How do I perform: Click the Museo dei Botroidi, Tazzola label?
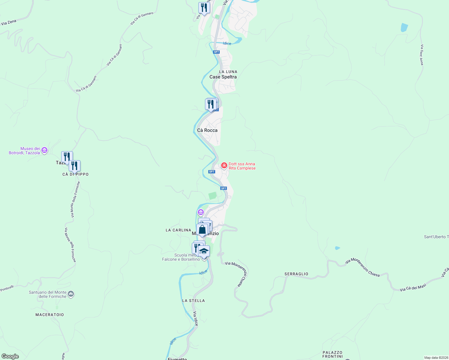pos(24,151)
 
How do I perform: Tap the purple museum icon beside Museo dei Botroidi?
pos(44,150)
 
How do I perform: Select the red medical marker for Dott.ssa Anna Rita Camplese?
pos(224,165)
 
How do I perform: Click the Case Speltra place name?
pos(223,77)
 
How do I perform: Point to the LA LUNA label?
pos(228,72)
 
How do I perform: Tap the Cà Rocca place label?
pos(207,130)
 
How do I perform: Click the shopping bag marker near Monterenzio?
pos(202,230)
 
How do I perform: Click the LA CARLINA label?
pos(178,230)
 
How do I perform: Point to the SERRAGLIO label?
pos(296,274)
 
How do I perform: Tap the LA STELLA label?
pos(193,301)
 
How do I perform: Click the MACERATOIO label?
pos(50,315)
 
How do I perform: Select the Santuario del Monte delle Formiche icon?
pos(71,294)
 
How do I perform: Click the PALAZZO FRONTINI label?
pos(333,354)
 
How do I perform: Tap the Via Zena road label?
pos(8,22)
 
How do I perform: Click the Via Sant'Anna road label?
pos(422,55)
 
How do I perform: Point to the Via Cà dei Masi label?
pos(413,287)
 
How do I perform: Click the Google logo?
pos(10,356)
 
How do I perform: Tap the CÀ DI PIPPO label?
pos(75,174)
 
